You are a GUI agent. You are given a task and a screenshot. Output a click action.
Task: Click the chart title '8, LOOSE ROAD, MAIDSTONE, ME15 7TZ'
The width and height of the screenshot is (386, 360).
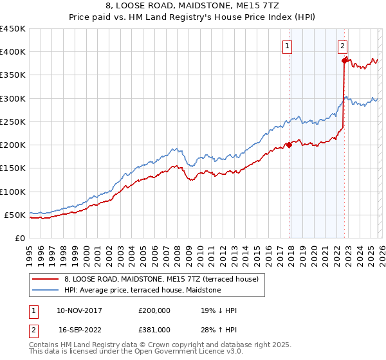point(193,6)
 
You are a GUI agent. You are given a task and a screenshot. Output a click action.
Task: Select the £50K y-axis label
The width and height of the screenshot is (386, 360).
point(15,215)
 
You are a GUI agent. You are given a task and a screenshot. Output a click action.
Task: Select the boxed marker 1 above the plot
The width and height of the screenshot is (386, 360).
point(286,46)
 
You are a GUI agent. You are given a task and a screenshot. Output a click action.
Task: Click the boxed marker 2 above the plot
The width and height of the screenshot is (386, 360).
point(343,46)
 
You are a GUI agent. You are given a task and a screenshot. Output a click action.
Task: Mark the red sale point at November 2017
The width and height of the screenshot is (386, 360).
point(289,145)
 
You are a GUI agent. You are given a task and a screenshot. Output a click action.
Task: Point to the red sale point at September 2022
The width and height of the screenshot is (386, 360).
point(344,60)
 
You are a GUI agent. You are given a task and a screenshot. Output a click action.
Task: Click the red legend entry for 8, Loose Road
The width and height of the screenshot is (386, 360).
point(161,280)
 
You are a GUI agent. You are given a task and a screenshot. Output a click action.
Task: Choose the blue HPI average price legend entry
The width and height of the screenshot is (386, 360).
point(142,291)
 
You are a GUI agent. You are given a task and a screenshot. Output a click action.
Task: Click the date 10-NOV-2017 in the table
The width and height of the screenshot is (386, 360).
point(79,310)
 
